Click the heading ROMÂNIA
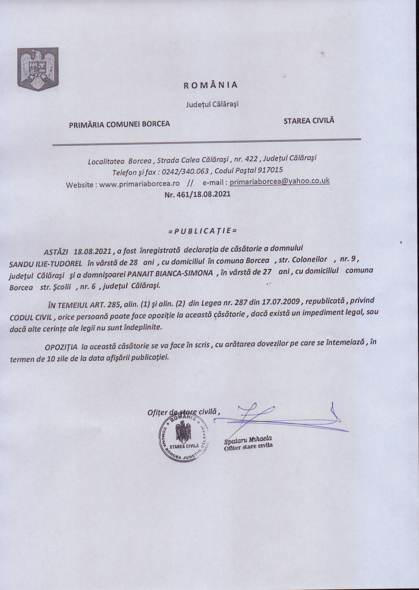210,85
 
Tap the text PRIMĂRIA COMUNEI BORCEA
119,124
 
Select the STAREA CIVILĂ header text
309,120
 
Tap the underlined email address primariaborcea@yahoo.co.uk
280,181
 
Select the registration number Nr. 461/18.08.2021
197,194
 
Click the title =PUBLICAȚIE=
202,230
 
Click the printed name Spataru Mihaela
248,440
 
